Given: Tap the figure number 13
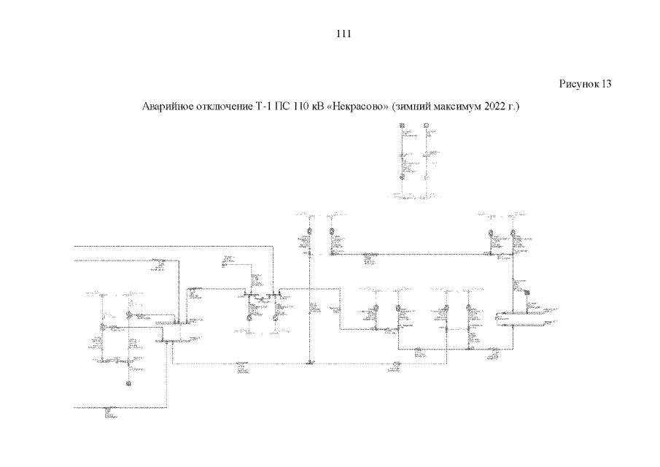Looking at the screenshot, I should (x=606, y=84).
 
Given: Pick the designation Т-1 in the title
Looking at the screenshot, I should (x=263, y=107).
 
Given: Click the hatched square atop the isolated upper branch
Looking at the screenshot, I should (x=402, y=126).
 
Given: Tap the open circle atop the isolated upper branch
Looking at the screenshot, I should (x=425, y=126).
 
